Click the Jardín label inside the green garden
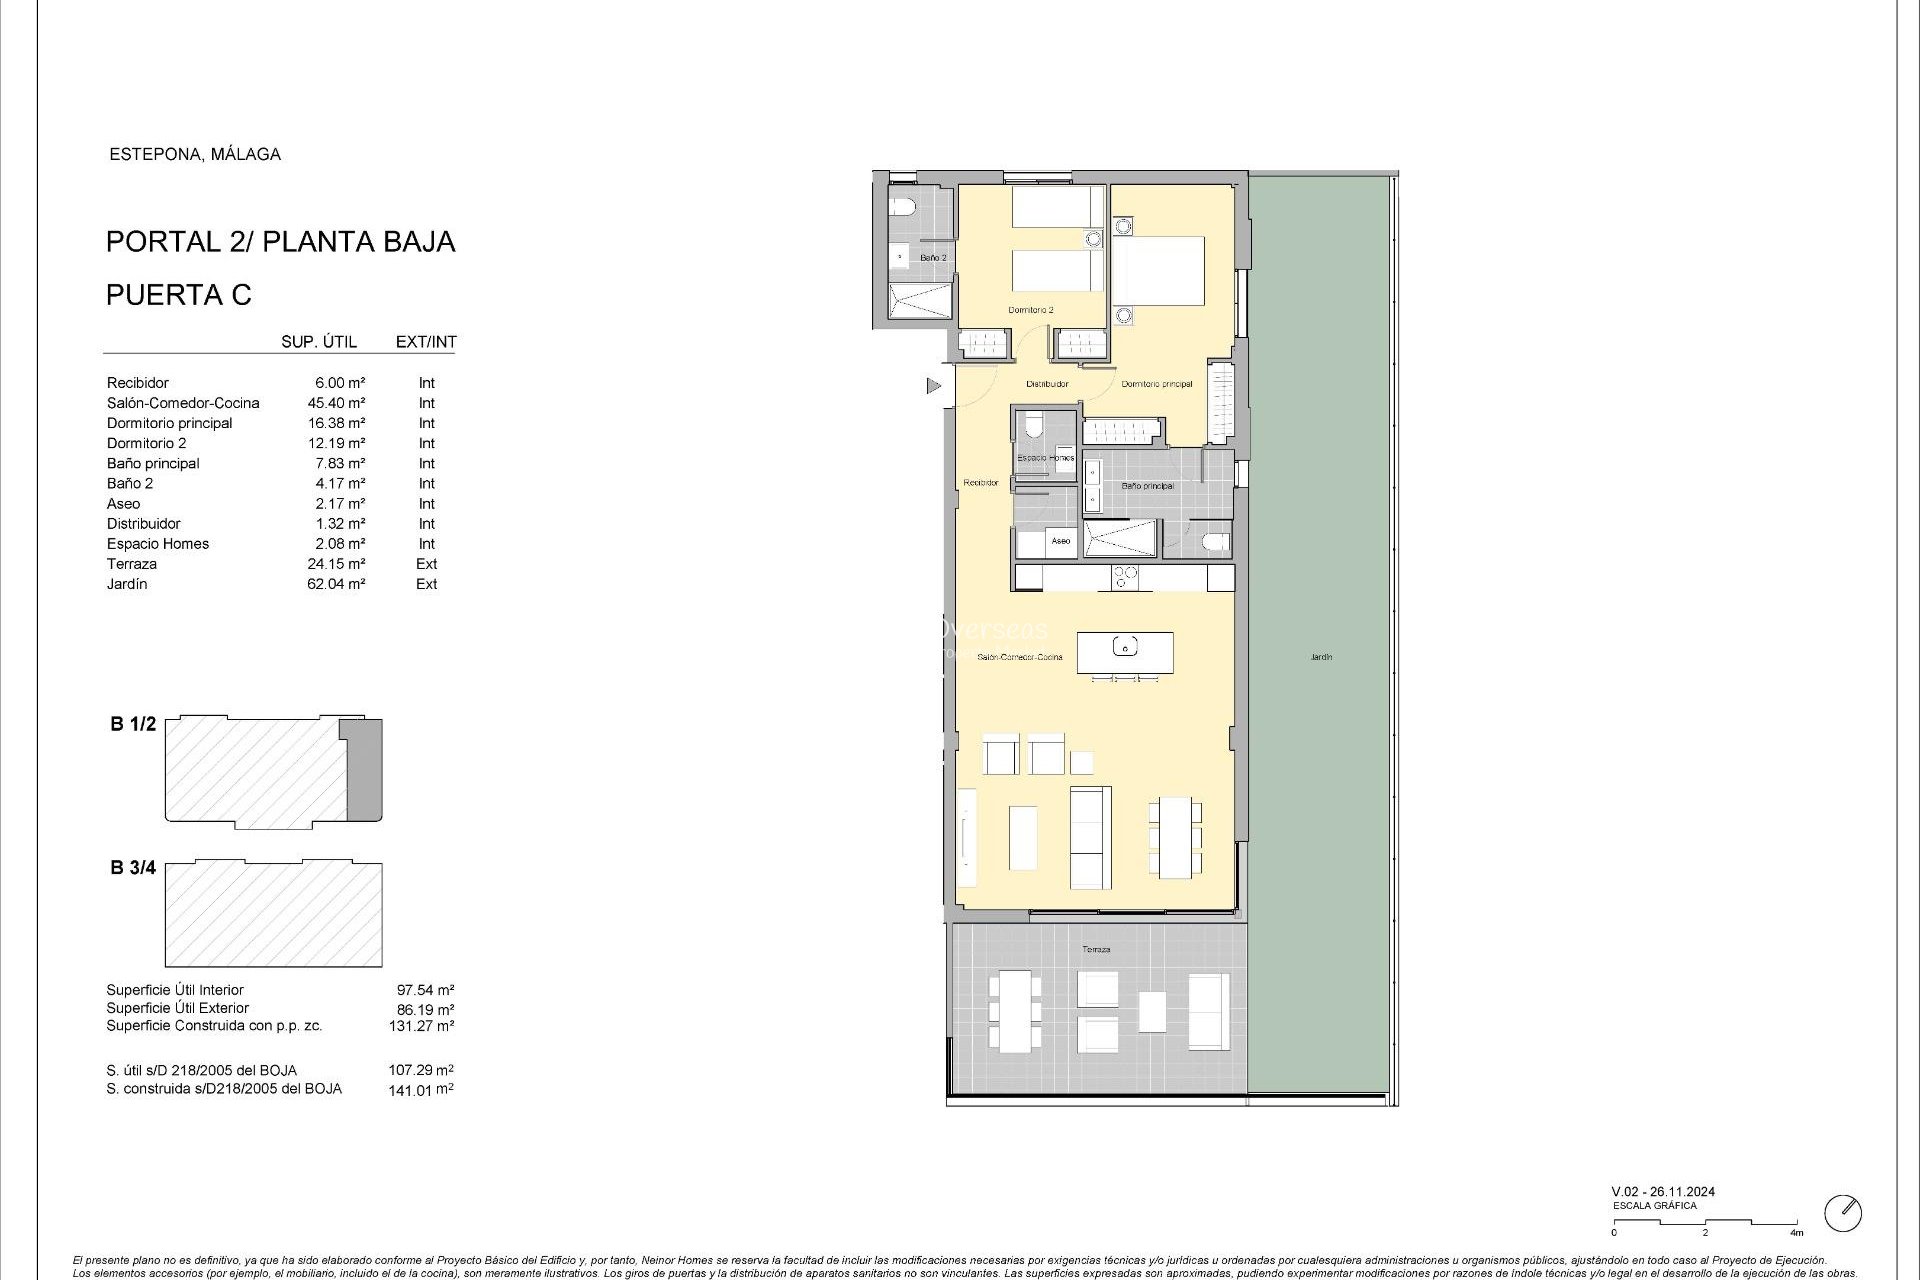pyautogui.click(x=1321, y=657)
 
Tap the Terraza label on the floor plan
pyautogui.click(x=1096, y=949)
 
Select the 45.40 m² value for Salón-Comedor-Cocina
pyautogui.click(x=336, y=403)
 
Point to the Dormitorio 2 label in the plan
pyautogui.click(x=1030, y=310)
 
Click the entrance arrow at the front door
pyautogui.click(x=934, y=385)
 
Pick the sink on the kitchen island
pyautogui.click(x=1125, y=648)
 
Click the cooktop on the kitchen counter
pyautogui.click(x=1125, y=577)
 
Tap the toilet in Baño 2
pyautogui.click(x=905, y=208)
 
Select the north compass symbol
pyautogui.click(x=1842, y=1213)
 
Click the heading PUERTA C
pyautogui.click(x=179, y=295)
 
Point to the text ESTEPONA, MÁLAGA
pyautogui.click(x=195, y=154)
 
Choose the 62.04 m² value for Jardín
pyautogui.click(x=336, y=584)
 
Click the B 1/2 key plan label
pyautogui.click(x=133, y=724)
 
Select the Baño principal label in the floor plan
pyautogui.click(x=1147, y=486)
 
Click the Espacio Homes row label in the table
pyautogui.click(x=158, y=544)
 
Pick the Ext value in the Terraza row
pyautogui.click(x=427, y=564)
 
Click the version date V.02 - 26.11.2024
pyautogui.click(x=1663, y=1191)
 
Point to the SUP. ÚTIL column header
pyautogui.click(x=319, y=342)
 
